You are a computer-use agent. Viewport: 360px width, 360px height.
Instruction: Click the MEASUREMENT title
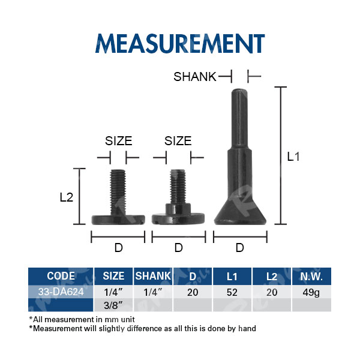(180, 43)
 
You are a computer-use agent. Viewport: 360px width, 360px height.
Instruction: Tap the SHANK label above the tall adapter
(195, 77)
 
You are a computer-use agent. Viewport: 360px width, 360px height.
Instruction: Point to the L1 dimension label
(293, 157)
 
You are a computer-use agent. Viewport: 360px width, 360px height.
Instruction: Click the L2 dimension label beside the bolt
(67, 197)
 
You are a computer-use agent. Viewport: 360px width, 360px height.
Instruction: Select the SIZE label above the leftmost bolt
(118, 141)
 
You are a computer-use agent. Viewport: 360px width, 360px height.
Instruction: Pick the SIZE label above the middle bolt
(178, 141)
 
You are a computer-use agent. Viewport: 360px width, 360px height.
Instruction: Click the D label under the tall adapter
(240, 248)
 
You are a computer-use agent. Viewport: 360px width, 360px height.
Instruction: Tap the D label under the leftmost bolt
(119, 248)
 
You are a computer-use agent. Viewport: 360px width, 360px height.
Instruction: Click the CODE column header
(61, 276)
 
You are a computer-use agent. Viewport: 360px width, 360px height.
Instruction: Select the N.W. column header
(311, 277)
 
